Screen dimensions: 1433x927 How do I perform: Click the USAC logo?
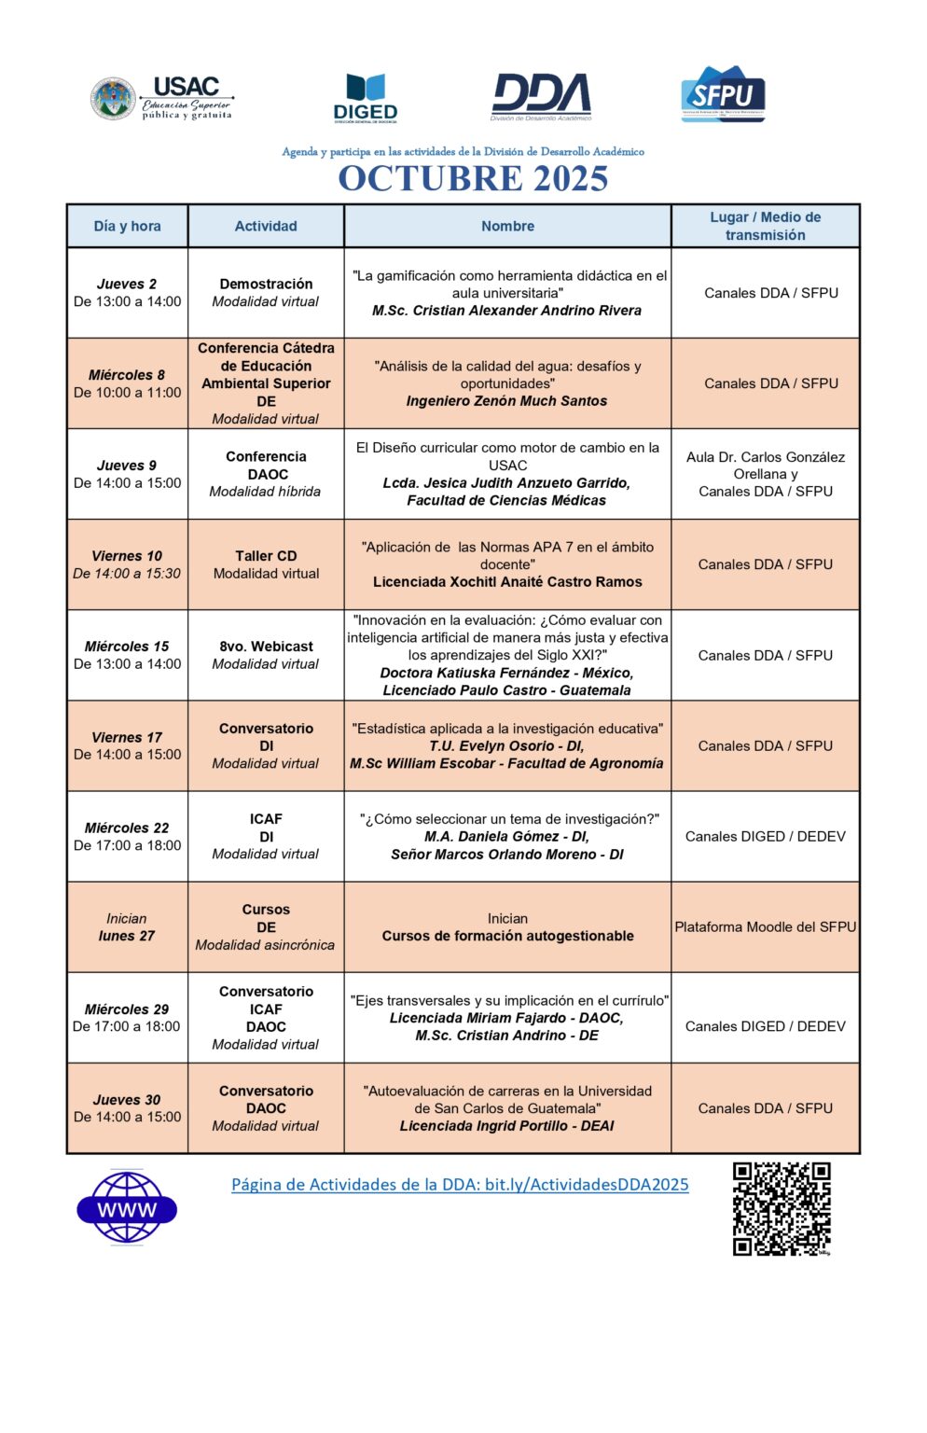pyautogui.click(x=161, y=99)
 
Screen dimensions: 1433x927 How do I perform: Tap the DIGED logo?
pyautogui.click(x=365, y=98)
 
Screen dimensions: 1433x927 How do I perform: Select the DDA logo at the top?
pyautogui.click(x=541, y=97)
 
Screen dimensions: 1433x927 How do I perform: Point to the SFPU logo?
pyautogui.click(x=724, y=94)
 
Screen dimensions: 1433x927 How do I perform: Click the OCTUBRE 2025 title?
pyautogui.click(x=473, y=178)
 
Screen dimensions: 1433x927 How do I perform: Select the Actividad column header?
pyautogui.click(x=266, y=226)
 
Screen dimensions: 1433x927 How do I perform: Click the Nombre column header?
pyautogui.click(x=507, y=226)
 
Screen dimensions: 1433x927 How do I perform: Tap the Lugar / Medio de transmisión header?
pyautogui.click(x=765, y=226)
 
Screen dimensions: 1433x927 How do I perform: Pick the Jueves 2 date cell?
pyautogui.click(x=127, y=292)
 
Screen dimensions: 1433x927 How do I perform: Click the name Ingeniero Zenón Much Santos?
pyautogui.click(x=506, y=401)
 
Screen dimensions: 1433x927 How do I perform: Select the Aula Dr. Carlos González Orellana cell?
pyautogui.click(x=765, y=474)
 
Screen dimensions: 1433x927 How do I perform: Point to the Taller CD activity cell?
pyautogui.click(x=266, y=564)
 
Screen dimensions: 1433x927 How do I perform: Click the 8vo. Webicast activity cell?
pyautogui.click(x=266, y=655)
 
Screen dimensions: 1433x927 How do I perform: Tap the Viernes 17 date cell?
pyautogui.click(x=127, y=745)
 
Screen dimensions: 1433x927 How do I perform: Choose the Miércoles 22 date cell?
pyautogui.click(x=127, y=836)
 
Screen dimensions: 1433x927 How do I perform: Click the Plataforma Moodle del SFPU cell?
pyautogui.click(x=765, y=926)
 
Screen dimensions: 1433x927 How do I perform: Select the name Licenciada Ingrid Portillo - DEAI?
pyautogui.click(x=506, y=1126)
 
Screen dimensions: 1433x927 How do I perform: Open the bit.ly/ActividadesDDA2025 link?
pyautogui.click(x=460, y=1185)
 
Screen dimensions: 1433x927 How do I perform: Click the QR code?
pyautogui.click(x=781, y=1208)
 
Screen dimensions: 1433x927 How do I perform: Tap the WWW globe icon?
pyautogui.click(x=127, y=1209)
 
